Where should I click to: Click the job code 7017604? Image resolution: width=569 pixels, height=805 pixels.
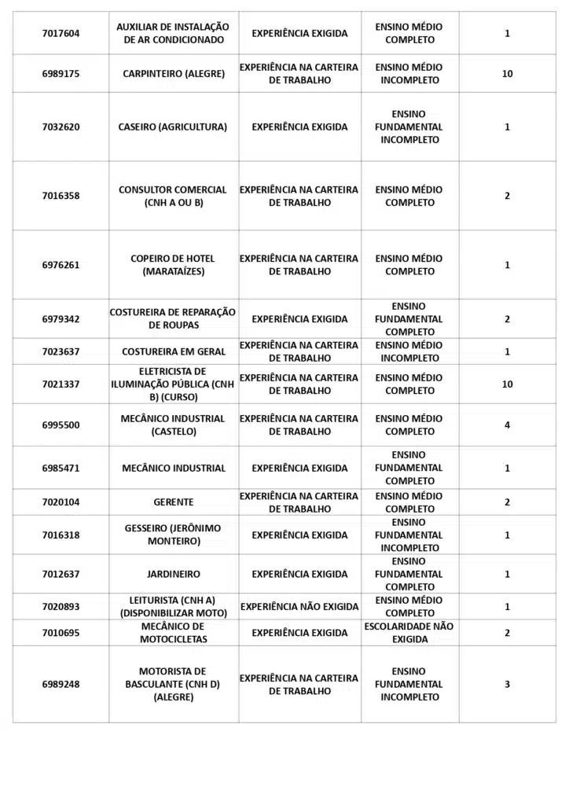click(61, 33)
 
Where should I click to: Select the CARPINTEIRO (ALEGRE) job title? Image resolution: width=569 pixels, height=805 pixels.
click(174, 74)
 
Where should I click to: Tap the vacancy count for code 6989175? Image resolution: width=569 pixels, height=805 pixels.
click(507, 74)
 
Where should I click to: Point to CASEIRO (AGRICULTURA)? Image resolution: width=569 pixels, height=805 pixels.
click(173, 127)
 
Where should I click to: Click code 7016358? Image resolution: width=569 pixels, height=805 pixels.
click(61, 196)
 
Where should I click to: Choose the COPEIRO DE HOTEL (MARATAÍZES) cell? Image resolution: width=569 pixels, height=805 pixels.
click(173, 265)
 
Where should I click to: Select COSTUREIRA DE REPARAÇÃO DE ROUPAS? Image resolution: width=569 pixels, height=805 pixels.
click(173, 318)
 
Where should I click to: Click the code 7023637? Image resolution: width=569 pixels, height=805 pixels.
click(61, 351)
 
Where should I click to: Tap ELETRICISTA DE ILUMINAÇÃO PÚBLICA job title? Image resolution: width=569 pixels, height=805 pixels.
click(173, 384)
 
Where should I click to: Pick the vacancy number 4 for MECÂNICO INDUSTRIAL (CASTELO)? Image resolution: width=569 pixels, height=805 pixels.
click(507, 425)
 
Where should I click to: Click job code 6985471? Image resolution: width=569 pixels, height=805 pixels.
click(61, 468)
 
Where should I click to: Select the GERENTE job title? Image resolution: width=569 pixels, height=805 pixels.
click(173, 502)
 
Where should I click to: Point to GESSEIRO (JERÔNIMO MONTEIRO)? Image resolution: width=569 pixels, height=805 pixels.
click(173, 535)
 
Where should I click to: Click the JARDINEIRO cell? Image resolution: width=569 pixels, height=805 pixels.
click(173, 574)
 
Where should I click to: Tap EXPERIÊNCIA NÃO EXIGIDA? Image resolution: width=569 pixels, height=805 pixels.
click(299, 607)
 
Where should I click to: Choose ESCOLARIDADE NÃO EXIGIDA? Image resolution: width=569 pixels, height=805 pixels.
click(409, 633)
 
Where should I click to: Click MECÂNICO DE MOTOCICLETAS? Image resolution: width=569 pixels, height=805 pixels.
click(173, 633)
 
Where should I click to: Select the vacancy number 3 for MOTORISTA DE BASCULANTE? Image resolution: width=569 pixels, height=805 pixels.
click(507, 684)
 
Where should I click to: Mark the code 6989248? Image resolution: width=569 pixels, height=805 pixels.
click(61, 684)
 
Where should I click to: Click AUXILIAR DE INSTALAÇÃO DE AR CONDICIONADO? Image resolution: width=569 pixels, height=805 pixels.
click(173, 33)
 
